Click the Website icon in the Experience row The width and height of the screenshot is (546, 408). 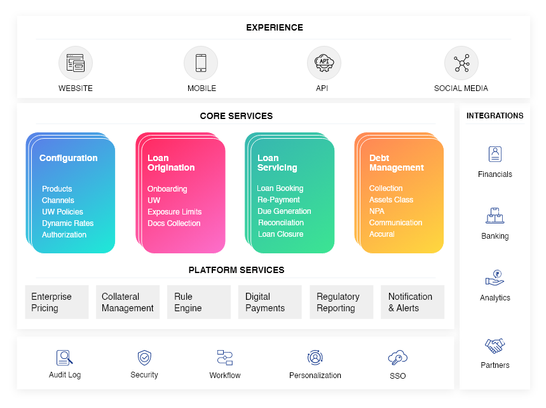76,63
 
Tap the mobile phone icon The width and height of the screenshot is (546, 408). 201,63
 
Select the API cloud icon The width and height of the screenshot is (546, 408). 324,63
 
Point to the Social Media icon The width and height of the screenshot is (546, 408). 461,63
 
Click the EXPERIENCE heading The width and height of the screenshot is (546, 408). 275,27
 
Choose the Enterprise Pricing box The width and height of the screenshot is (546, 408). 57,302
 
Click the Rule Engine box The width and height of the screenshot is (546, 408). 199,302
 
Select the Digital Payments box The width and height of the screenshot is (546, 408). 270,302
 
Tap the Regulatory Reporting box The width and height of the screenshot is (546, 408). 341,302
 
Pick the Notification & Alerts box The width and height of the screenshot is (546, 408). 413,302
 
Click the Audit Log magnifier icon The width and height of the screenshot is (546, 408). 64,357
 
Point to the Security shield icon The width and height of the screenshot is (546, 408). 144,357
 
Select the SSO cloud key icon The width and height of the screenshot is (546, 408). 397,357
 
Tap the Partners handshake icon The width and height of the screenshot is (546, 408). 495,346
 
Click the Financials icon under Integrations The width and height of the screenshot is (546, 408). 495,155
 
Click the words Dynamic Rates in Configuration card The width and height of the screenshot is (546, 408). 67,223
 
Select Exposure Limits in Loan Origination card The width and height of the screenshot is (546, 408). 174,212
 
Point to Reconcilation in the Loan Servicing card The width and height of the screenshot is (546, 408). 281,223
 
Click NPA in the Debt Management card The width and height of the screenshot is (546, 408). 377,211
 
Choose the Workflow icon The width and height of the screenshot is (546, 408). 225,357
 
